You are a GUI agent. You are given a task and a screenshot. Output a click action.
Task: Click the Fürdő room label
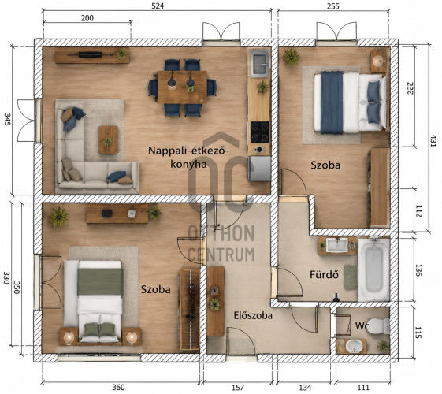coord(324,274)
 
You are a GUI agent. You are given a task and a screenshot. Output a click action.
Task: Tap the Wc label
coord(362,325)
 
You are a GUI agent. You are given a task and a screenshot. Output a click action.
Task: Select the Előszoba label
coord(253,315)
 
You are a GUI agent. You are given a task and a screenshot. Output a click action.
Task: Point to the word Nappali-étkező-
coord(188,151)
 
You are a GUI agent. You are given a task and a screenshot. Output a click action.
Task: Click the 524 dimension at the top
coord(158,6)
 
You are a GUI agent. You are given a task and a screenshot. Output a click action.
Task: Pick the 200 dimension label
coord(87,18)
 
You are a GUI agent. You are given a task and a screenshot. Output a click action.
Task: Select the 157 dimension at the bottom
coord(238,388)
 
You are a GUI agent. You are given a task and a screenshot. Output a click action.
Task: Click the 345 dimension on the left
coord(7,119)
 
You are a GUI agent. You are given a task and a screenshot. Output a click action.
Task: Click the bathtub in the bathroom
coord(374,269)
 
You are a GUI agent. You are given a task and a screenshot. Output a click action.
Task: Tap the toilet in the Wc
coord(379,325)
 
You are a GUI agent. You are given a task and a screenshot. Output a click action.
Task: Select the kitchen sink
coord(260,63)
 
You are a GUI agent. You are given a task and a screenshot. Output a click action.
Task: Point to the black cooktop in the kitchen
coord(260,132)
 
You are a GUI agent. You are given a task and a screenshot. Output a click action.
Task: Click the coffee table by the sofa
coord(108,139)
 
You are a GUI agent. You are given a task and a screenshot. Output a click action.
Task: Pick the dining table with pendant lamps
coord(182,87)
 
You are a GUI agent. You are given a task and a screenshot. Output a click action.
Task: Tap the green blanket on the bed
coord(100,281)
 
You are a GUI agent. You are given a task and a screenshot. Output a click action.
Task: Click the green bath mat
coord(351,277)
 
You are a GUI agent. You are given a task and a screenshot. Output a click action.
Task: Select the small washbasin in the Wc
coord(354,346)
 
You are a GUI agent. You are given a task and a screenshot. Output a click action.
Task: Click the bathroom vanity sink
coord(337,245)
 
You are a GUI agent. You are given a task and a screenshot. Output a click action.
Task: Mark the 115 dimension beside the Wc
coord(418,332)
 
